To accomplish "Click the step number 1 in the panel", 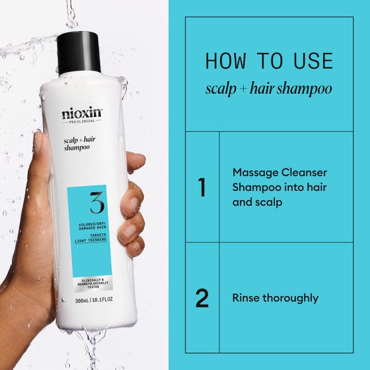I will pos(202,187).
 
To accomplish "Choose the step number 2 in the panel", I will pos(202,298).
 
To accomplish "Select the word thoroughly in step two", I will pos(290,298).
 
